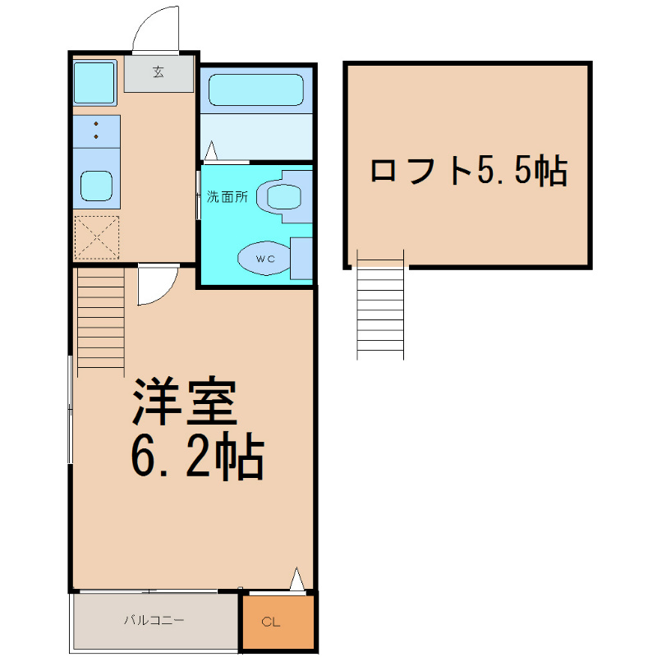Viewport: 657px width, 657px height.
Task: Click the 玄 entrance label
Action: (158, 72)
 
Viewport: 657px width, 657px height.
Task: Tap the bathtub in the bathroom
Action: (256, 90)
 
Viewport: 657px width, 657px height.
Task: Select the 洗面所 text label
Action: (227, 196)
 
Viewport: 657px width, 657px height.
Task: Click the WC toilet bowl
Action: (264, 258)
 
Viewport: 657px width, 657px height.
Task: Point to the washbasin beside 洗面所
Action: (279, 197)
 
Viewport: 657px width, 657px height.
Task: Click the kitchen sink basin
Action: (96, 186)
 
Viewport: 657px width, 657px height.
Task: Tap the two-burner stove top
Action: (97, 131)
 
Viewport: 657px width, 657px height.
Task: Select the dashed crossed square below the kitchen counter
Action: (97, 237)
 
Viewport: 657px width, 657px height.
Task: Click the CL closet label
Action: (271, 622)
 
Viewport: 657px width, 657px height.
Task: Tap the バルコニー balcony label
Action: (154, 620)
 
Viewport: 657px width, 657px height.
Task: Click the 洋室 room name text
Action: (185, 402)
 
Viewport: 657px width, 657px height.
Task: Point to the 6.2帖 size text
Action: (197, 457)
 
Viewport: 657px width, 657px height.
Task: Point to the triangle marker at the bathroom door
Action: (211, 150)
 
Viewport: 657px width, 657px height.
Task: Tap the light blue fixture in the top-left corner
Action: (94, 82)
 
